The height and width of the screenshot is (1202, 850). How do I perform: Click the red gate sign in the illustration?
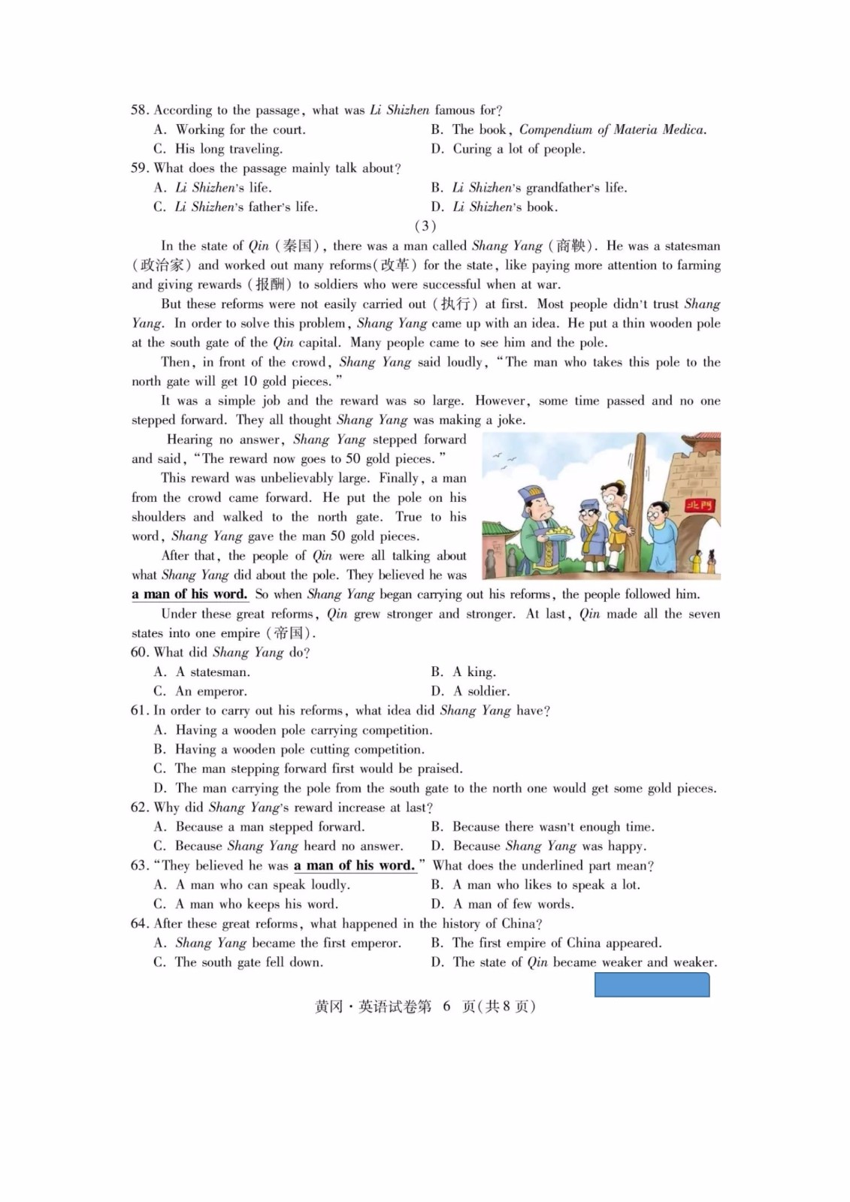click(699, 506)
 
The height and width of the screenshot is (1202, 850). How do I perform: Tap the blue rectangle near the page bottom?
click(652, 985)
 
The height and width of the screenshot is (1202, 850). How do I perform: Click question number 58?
click(140, 110)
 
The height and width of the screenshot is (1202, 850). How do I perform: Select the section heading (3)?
click(425, 226)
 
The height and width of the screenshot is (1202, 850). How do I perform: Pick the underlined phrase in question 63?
click(354, 865)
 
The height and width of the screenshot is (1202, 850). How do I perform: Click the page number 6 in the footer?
click(446, 1007)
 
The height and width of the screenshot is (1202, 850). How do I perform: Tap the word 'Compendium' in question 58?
click(555, 130)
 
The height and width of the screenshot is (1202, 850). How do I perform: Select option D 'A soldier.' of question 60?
click(481, 691)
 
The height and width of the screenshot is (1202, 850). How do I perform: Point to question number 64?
click(140, 923)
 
